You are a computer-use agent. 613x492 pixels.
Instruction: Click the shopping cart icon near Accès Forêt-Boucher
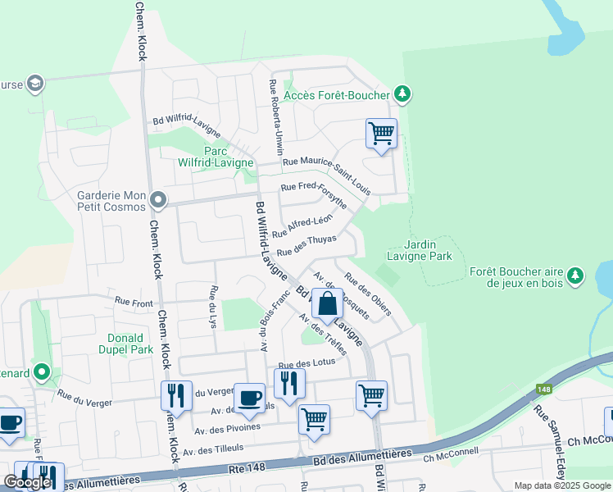click(381, 133)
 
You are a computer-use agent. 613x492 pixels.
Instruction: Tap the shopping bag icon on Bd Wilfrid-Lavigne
click(327, 303)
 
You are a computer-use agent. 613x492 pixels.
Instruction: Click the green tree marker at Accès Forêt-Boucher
click(402, 95)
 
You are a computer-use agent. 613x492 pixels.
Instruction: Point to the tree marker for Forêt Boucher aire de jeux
click(577, 274)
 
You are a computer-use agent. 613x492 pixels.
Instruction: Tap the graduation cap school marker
click(35, 84)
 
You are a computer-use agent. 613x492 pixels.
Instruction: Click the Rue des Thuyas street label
click(306, 245)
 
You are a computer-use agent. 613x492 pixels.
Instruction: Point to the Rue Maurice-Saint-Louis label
click(327, 175)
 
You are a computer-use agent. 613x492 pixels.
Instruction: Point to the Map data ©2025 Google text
click(562, 485)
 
